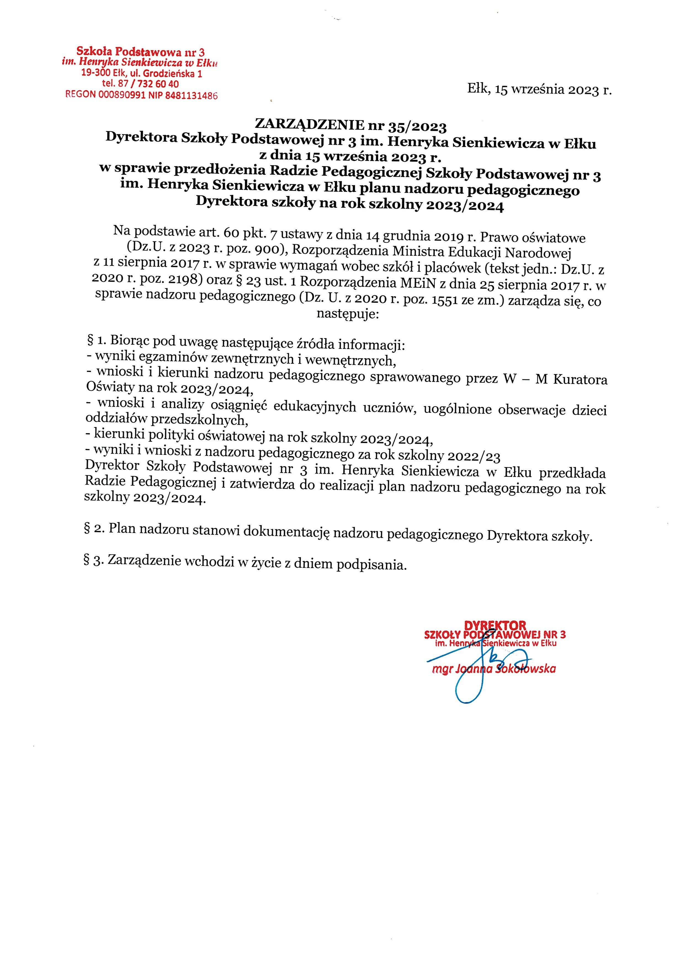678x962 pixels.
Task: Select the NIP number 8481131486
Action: pyautogui.click(x=192, y=96)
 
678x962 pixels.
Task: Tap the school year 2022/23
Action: pyautogui.click(x=474, y=455)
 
